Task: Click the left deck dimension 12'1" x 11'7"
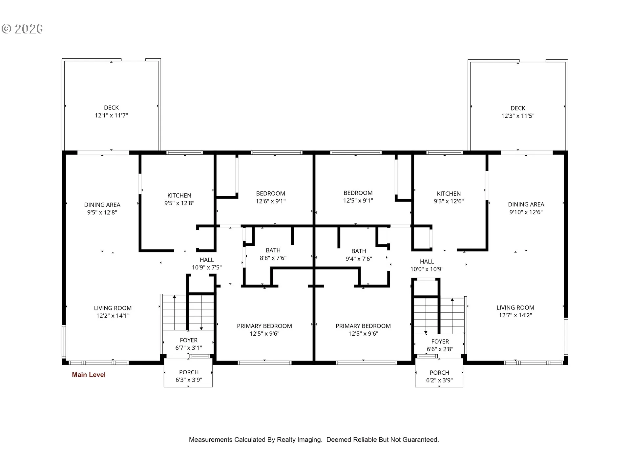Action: (111, 115)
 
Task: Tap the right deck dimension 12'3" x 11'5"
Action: (518, 116)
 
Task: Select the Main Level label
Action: (89, 375)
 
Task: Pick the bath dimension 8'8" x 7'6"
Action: (273, 258)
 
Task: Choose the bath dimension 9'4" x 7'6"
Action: (359, 259)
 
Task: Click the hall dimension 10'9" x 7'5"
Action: (207, 267)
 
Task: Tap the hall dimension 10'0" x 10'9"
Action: (427, 269)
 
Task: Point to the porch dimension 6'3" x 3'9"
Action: (189, 380)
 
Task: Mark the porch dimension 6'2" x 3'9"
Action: (439, 380)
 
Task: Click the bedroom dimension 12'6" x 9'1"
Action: (271, 201)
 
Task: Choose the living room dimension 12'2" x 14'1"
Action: (113, 316)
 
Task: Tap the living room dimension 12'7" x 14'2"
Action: (515, 315)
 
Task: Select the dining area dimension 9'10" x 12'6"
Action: (526, 212)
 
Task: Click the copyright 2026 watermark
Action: (22, 29)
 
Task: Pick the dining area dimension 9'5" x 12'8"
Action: (102, 212)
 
